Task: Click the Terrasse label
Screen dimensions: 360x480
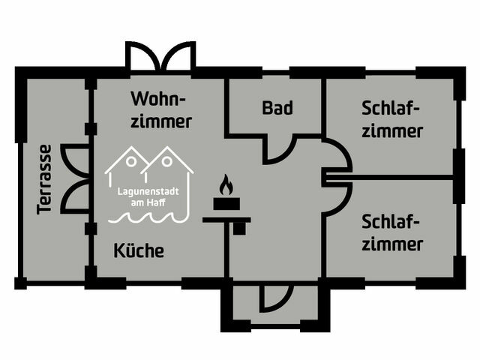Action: tap(44, 178)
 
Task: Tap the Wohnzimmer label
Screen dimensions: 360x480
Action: tap(160, 109)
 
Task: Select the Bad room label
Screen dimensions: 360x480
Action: tap(277, 107)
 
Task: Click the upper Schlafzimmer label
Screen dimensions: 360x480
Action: tap(391, 119)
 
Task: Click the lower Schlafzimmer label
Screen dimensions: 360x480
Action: tap(391, 232)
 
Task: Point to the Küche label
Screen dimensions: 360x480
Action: tap(139, 250)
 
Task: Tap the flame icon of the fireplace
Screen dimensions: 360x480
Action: tap(226, 185)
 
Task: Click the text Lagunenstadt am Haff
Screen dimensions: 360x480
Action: tap(148, 196)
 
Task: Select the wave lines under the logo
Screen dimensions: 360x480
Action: tap(148, 217)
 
